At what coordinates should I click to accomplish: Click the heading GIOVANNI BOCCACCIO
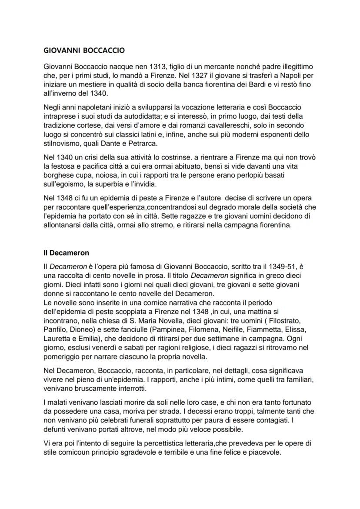[x=84, y=50]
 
